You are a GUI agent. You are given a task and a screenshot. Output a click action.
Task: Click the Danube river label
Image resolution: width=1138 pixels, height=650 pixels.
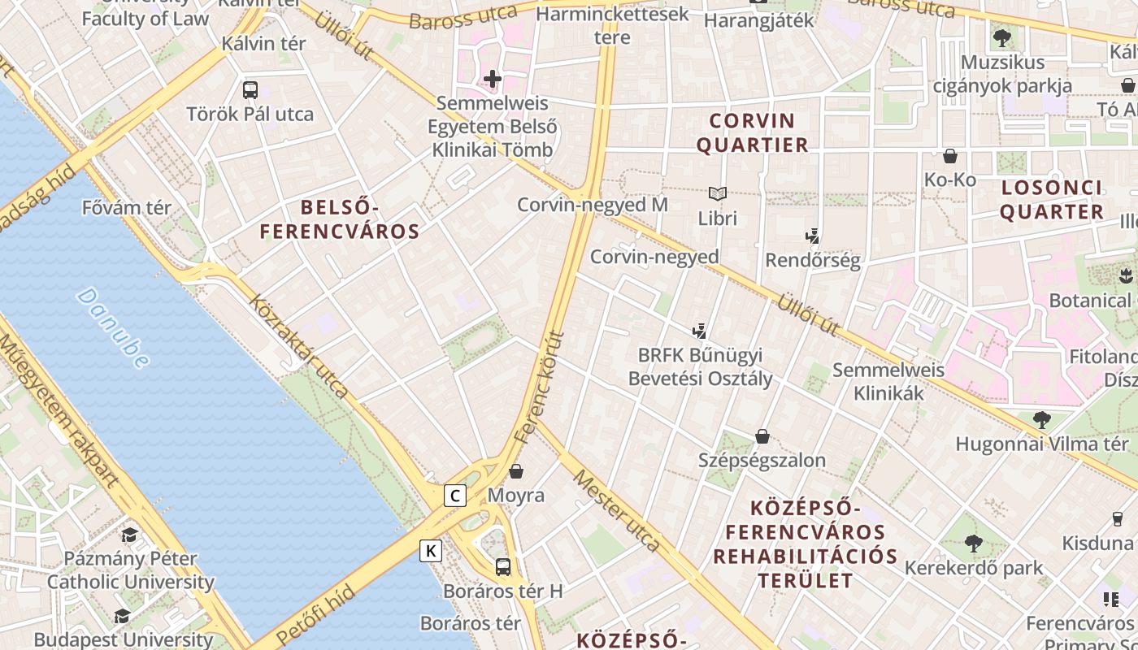(x=115, y=327)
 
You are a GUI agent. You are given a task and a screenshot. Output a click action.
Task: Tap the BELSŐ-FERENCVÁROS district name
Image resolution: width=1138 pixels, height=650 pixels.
(x=340, y=219)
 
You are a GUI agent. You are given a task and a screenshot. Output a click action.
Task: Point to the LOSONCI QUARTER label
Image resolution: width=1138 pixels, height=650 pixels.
(x=1052, y=200)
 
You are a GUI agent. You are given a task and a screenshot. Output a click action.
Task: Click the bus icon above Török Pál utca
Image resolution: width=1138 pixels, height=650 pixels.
(x=250, y=90)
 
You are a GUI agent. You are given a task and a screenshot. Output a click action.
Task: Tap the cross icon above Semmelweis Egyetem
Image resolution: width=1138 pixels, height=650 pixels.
(x=493, y=79)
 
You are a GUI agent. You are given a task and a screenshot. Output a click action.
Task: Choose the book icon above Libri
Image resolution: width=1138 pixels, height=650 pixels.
(x=717, y=194)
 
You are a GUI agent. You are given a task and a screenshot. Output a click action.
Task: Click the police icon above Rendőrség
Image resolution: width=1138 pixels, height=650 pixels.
(x=811, y=236)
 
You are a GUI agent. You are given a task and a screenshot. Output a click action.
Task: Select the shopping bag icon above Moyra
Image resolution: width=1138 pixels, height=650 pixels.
(x=516, y=471)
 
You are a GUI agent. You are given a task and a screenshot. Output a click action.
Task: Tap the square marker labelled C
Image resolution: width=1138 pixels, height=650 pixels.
(x=455, y=496)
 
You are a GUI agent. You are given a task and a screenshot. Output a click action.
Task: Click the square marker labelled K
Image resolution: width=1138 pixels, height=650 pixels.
(x=431, y=552)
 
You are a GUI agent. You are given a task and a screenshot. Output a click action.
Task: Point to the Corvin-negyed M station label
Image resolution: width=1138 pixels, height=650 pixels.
(x=593, y=205)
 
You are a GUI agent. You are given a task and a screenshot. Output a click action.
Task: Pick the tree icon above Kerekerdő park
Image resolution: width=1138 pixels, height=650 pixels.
(x=973, y=544)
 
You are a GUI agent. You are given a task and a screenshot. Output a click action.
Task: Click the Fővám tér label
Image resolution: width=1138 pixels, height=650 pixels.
(x=127, y=208)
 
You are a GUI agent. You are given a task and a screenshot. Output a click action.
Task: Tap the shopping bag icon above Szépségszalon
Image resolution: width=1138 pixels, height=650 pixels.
(x=762, y=437)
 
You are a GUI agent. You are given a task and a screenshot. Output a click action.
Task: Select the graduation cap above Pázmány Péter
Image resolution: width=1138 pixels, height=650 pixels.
(x=130, y=535)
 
